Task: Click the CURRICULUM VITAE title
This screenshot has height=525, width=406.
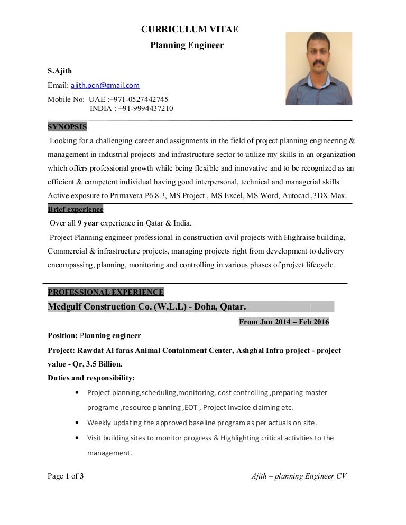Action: click(x=190, y=30)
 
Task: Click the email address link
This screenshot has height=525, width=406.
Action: click(x=105, y=85)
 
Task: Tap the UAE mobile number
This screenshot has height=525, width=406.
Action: click(x=139, y=99)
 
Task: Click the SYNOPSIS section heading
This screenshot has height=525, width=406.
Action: click(x=67, y=127)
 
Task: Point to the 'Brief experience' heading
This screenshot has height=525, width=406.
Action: click(x=75, y=209)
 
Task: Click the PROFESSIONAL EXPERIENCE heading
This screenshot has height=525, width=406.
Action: click(x=106, y=292)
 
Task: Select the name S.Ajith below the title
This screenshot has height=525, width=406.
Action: click(x=60, y=71)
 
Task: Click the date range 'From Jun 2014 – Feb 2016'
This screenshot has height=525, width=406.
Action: click(x=284, y=322)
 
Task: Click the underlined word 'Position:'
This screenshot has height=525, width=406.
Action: click(x=63, y=335)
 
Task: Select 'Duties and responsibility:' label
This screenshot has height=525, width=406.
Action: click(x=91, y=378)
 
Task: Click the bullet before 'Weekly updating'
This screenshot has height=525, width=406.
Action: click(x=78, y=423)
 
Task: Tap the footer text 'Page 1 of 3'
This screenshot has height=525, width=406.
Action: click(x=66, y=476)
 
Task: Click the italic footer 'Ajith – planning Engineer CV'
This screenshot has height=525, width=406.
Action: click(x=299, y=476)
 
